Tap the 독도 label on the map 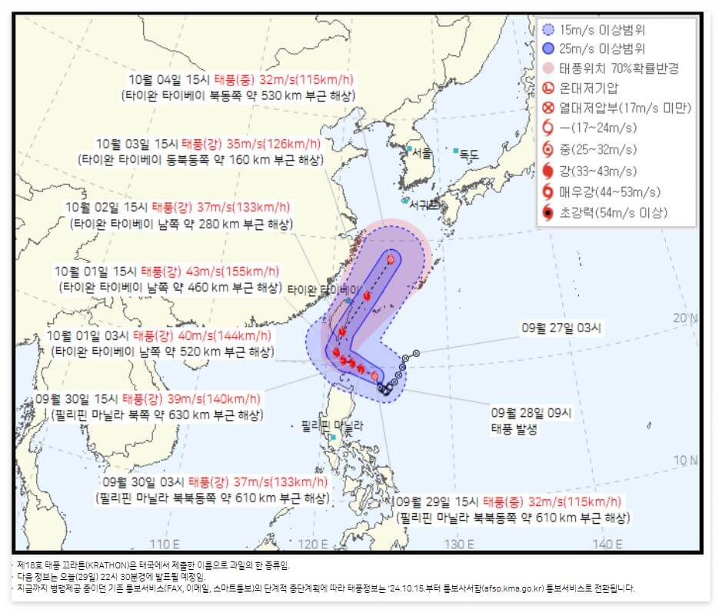coord(469,155)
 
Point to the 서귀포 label coord(423,205)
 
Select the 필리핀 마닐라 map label coord(332,425)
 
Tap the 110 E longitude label coord(164,545)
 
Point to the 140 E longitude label coord(607,545)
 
